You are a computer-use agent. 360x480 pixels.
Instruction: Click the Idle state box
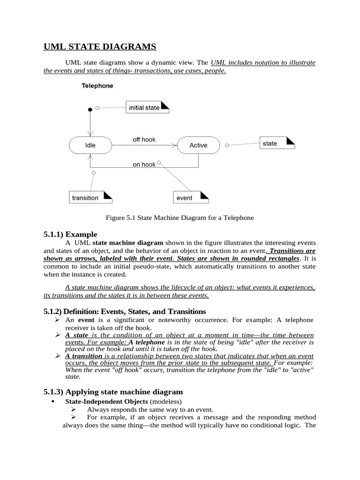click(x=90, y=145)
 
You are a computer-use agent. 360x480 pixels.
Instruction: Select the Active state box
click(x=198, y=145)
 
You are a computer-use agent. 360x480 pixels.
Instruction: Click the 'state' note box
click(x=277, y=143)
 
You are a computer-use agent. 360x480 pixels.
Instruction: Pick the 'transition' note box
click(x=90, y=198)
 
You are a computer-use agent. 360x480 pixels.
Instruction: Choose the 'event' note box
click(x=190, y=198)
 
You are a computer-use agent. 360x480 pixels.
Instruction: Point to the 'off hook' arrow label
click(x=144, y=139)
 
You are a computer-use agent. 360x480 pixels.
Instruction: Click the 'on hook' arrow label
click(x=144, y=165)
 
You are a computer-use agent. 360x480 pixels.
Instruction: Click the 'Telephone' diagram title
click(x=97, y=86)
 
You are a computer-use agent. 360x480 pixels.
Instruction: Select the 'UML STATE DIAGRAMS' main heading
click(x=100, y=46)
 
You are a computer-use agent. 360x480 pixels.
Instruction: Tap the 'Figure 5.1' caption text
click(x=180, y=217)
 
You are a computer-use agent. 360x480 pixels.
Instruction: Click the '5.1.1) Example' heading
click(x=70, y=234)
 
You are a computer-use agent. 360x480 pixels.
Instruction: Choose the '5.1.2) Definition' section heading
click(x=125, y=311)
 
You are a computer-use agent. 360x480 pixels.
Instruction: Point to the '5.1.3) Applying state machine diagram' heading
click(x=113, y=391)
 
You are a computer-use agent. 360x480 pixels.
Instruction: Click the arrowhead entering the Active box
click(x=175, y=145)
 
